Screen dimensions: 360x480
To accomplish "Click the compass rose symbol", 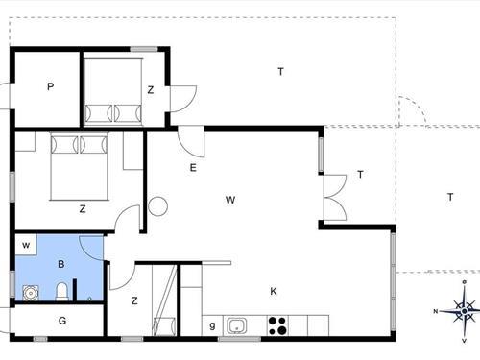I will point(465,309).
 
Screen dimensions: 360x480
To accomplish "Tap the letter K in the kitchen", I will point(274,291).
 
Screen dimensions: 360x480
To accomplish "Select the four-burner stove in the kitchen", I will point(277,325).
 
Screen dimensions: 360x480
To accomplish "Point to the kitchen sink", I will point(236,326).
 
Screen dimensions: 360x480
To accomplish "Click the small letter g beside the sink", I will point(212,326).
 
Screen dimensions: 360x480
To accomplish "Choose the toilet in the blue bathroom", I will point(61,291).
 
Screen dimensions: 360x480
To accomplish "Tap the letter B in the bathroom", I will point(60,262).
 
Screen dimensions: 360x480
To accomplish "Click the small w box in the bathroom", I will point(27,247).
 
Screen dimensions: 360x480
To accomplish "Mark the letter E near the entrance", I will point(193,168).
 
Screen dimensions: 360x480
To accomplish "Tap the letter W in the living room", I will point(230,200).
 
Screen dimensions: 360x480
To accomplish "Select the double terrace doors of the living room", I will point(333,197).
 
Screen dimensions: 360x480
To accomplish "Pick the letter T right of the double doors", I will point(360,174).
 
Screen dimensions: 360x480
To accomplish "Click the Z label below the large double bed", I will point(82,207).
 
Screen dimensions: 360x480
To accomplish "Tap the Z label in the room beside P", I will point(151,90).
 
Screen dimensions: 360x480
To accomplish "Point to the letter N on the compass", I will point(435,311).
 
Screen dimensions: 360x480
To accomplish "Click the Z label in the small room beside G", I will point(134,300).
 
